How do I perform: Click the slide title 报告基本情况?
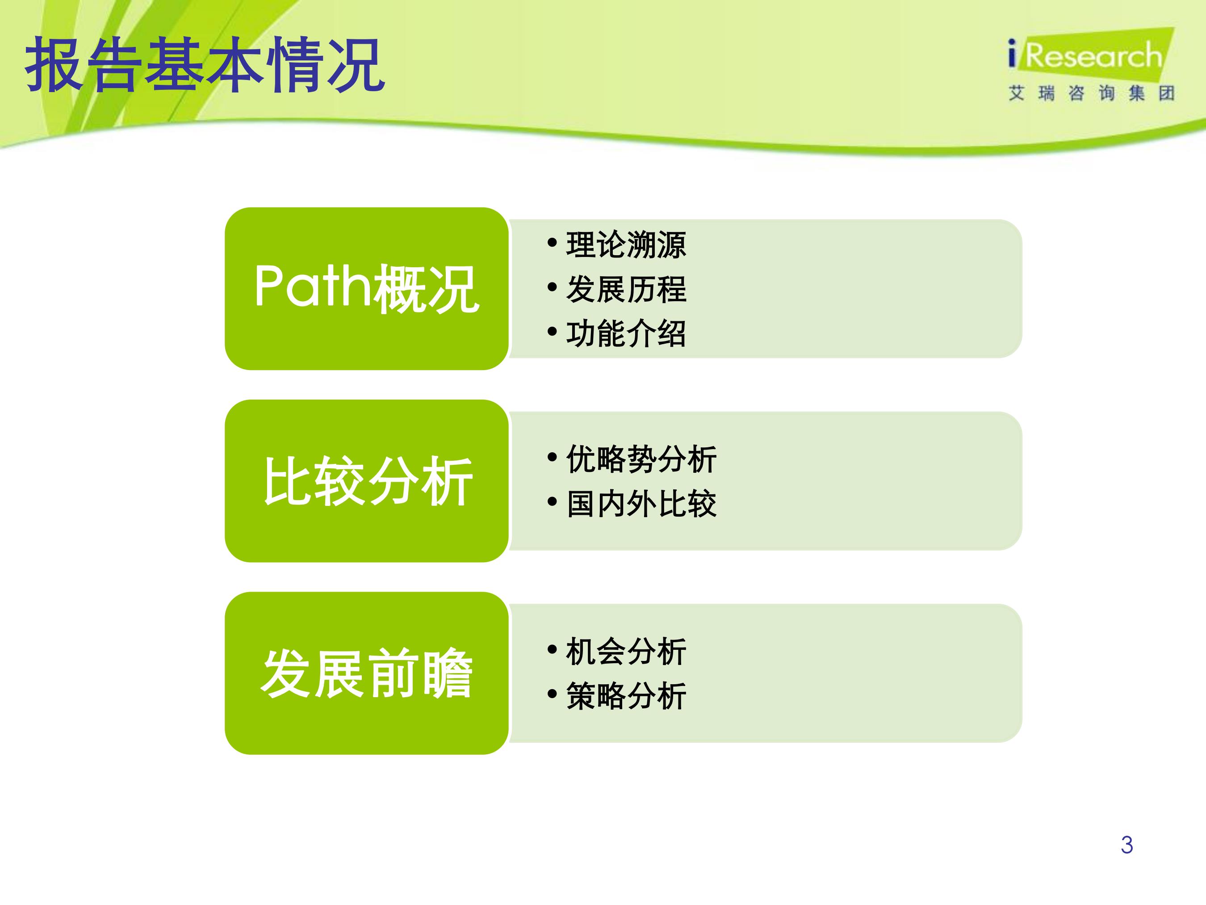pos(205,65)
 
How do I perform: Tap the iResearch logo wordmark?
pos(1085,56)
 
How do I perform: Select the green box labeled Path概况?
pos(367,289)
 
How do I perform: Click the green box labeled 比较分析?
pos(367,480)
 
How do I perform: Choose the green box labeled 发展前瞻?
pos(367,673)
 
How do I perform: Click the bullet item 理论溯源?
pos(626,244)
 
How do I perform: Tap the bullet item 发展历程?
pos(626,289)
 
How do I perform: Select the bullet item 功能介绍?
pos(626,333)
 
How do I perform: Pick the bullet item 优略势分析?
pos(641,459)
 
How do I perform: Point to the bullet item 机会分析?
pos(626,651)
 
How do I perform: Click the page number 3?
pos(1127,845)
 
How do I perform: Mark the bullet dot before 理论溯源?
pos(552,242)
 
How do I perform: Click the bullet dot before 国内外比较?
pos(552,501)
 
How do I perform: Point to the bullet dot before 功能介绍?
pos(552,331)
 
